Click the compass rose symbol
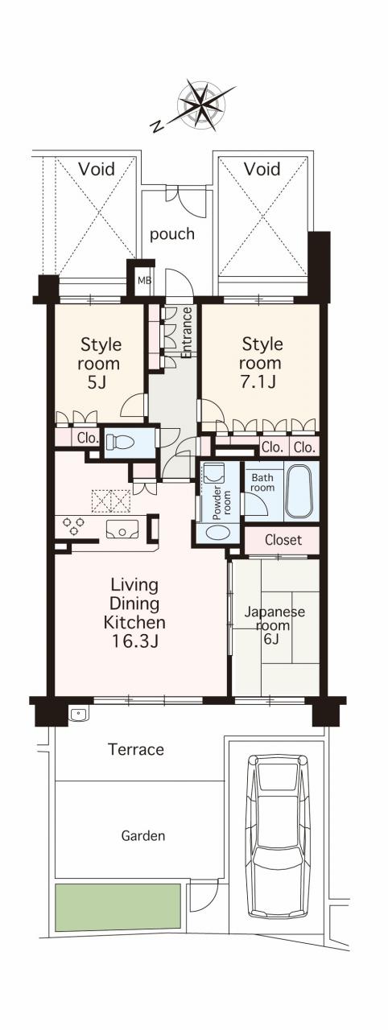point(201,105)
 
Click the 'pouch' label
point(172,234)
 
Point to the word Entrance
point(187,333)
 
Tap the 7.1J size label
point(259,381)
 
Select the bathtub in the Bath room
point(299,491)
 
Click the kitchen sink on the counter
point(122,529)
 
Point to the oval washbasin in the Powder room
point(217,534)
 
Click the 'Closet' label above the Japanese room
point(283,540)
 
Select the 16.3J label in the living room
point(135,641)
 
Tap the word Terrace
point(136,749)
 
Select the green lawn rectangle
point(118,908)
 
